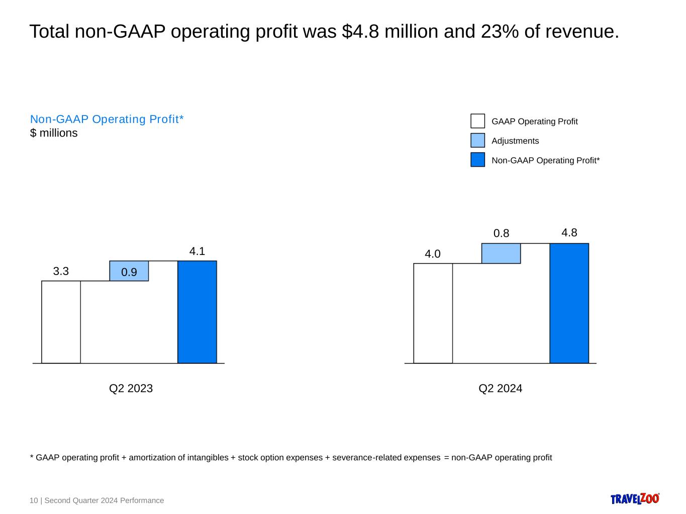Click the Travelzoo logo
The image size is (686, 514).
[635, 498]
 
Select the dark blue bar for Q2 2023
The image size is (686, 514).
[197, 312]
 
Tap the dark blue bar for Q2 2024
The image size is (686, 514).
[569, 303]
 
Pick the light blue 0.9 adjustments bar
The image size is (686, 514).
[129, 271]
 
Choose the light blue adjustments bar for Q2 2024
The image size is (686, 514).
[501, 253]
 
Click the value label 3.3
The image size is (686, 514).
[61, 272]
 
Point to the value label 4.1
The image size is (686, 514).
[197, 251]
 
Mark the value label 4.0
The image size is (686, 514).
[433, 254]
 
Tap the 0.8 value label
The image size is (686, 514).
[501, 233]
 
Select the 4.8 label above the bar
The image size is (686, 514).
[569, 233]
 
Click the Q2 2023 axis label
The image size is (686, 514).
[131, 389]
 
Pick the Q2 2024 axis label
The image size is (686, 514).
[500, 389]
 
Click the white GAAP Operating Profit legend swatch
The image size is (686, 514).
[477, 121]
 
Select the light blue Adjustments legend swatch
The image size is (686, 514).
[477, 141]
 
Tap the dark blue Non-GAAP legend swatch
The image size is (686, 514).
[477, 160]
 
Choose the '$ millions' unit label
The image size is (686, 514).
[54, 133]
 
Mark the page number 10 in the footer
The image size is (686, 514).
[34, 500]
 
